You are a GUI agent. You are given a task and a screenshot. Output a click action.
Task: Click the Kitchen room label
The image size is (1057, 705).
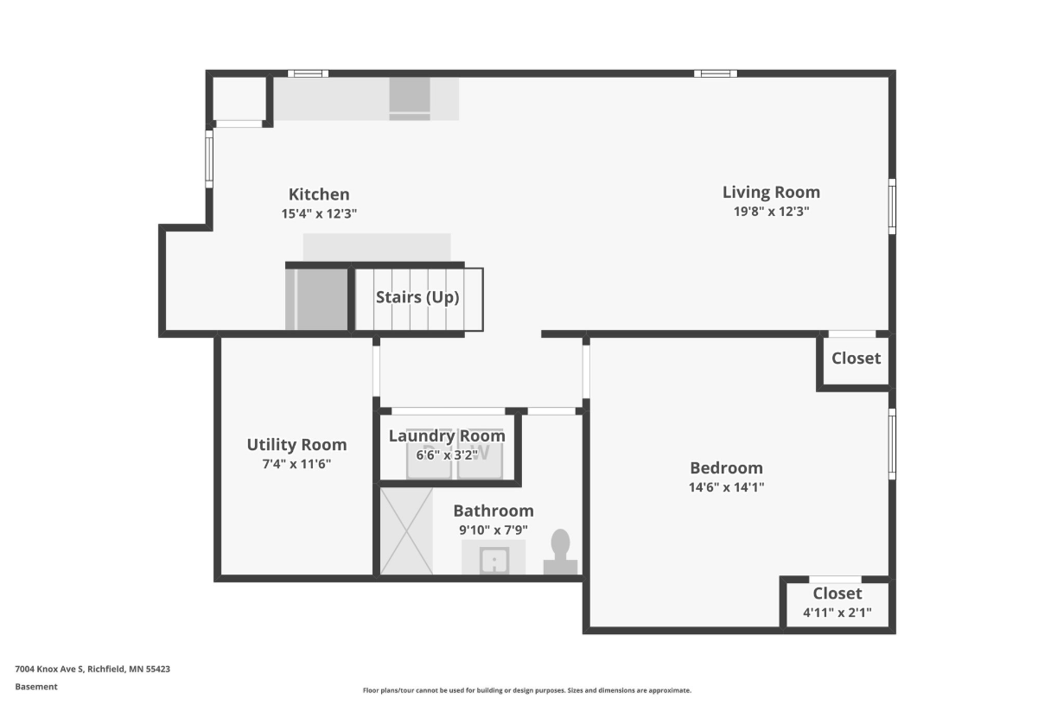pyautogui.click(x=319, y=194)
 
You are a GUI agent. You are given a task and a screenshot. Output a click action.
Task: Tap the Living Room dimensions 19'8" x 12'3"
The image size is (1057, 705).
pyautogui.click(x=771, y=212)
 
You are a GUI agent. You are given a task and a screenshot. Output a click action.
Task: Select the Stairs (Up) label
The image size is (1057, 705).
pyautogui.click(x=417, y=297)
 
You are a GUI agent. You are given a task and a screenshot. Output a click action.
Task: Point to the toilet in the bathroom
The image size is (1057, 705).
pyautogui.click(x=560, y=551)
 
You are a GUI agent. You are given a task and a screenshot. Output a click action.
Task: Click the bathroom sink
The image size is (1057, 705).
pyautogui.click(x=494, y=560)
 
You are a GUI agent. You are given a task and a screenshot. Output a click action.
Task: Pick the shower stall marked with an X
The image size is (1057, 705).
pyautogui.click(x=406, y=531)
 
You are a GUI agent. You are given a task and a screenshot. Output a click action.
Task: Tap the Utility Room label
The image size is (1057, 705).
pyautogui.click(x=296, y=445)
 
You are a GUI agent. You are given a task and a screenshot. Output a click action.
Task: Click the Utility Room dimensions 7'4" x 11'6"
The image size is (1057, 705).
pyautogui.click(x=296, y=464)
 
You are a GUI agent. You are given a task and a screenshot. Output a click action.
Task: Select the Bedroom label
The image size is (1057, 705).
pyautogui.click(x=726, y=467)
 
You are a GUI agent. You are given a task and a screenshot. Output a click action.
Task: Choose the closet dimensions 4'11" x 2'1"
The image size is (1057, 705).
pyautogui.click(x=837, y=613)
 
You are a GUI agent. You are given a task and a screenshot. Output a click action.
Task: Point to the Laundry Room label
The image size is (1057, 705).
pyautogui.click(x=447, y=435)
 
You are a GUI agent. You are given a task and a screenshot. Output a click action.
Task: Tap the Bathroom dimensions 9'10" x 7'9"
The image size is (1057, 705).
pyautogui.click(x=493, y=530)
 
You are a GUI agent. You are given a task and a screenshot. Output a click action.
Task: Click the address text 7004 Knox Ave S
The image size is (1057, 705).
pyautogui.click(x=49, y=669)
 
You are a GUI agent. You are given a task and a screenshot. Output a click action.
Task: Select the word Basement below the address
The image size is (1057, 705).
pyautogui.click(x=36, y=687)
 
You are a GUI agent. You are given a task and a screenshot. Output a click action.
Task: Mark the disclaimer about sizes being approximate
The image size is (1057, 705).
pyautogui.click(x=526, y=690)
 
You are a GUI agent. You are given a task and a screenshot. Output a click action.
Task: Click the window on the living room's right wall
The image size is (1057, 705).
pyautogui.click(x=892, y=206)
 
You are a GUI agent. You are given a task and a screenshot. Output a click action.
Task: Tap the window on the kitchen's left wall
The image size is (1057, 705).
pyautogui.click(x=209, y=159)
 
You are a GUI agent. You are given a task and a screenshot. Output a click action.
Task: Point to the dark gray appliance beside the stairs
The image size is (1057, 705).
pyautogui.click(x=316, y=300)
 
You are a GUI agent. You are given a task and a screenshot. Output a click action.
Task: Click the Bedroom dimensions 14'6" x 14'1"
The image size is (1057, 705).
pyautogui.click(x=726, y=487)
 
